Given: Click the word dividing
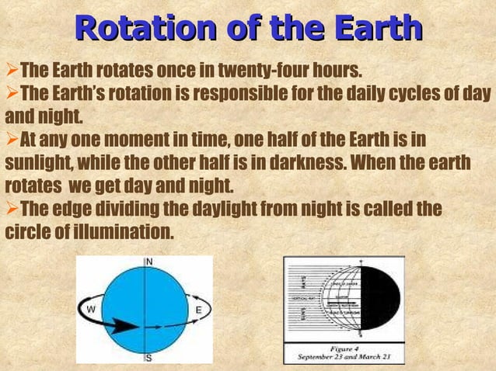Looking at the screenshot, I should coord(156,210).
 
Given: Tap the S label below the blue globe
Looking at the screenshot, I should coord(148,359).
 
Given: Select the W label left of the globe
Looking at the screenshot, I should coord(91,310).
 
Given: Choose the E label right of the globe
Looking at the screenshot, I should coord(198,310).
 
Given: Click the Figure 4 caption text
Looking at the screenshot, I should coord(343,348).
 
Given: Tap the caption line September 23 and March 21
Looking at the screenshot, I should coord(343,358).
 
